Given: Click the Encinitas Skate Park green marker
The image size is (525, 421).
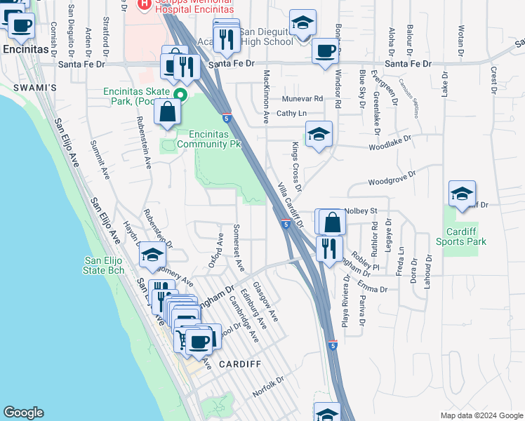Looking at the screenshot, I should tap(180, 95).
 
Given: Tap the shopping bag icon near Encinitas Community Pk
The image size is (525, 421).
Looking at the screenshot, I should tap(168, 112).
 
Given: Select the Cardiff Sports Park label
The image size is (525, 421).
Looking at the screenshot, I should tap(465, 237).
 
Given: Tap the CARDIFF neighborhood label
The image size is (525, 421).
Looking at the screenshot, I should tap(239, 364).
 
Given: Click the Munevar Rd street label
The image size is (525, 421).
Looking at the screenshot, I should tap(303, 99).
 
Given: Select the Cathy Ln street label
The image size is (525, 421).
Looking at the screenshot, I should tap(292, 113).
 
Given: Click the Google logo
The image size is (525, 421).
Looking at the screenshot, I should tap(24, 413).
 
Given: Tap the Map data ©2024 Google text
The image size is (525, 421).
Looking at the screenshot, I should tap(481, 415).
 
